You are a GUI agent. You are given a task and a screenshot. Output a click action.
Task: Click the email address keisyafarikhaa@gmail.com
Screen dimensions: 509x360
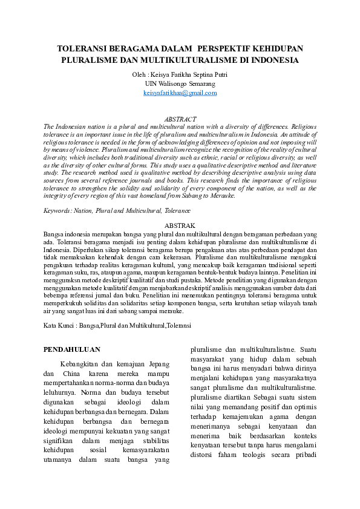pos(180,93)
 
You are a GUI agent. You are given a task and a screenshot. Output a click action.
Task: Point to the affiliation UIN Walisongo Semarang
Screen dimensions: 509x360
pos(180,83)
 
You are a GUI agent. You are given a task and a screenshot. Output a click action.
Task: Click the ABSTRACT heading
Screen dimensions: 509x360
pos(180,119)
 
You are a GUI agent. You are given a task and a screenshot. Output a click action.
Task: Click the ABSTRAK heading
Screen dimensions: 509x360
pos(180,225)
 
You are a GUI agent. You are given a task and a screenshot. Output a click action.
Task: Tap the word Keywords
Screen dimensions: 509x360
pos(57,211)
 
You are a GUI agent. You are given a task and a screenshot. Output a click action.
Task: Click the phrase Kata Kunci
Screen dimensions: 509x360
pos(58,325)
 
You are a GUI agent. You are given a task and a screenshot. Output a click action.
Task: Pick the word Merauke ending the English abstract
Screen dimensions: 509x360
pos(222,196)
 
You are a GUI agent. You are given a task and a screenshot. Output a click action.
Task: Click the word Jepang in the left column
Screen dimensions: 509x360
pos(157,365)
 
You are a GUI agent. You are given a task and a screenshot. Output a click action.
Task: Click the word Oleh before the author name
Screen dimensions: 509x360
pos(139,74)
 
